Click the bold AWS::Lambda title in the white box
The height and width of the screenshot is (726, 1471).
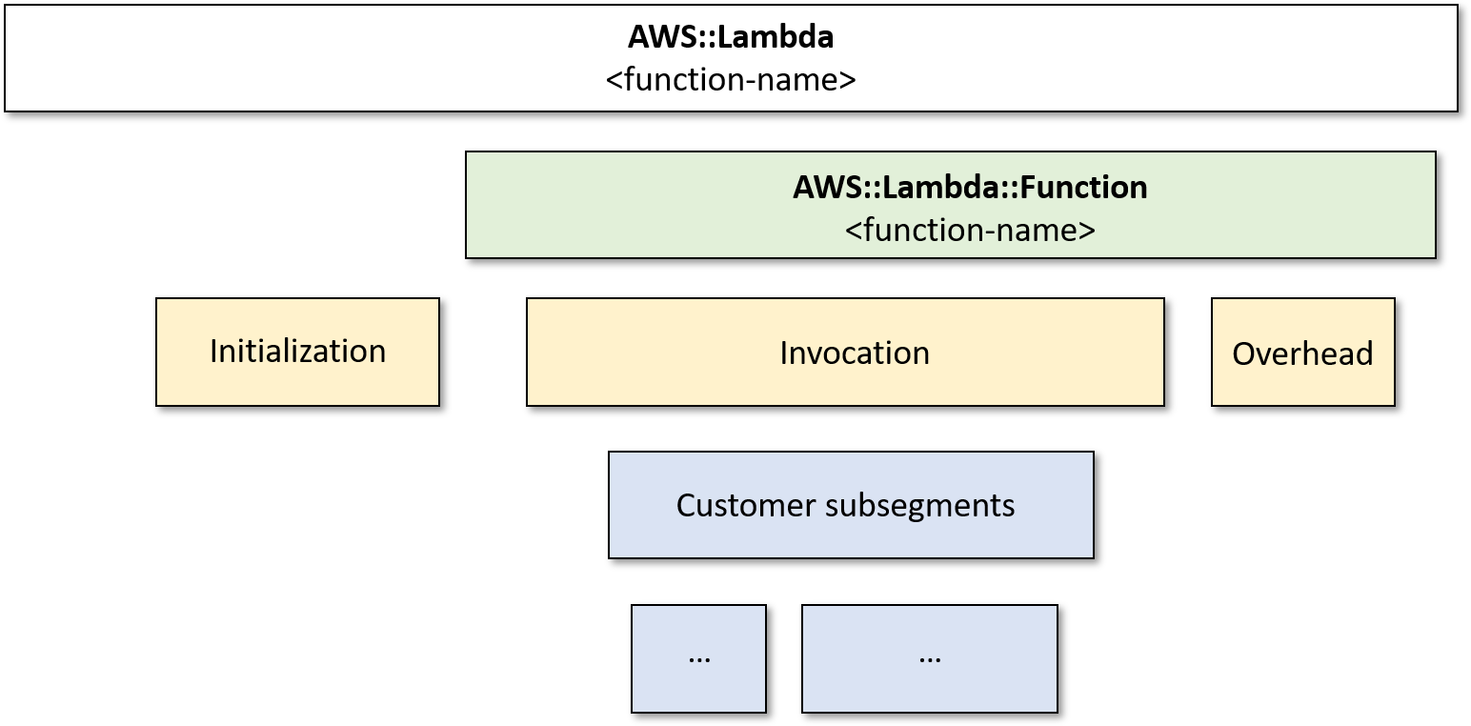pos(731,37)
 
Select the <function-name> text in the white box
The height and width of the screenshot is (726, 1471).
pos(731,79)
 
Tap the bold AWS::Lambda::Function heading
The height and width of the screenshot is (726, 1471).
pos(969,188)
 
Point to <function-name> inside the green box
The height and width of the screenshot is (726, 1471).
pos(969,231)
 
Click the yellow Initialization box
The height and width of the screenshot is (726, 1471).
pos(297,352)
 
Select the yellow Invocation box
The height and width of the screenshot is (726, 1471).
pos(845,353)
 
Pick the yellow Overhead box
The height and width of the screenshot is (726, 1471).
pos(1302,353)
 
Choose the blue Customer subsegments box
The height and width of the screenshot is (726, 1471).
pos(851,504)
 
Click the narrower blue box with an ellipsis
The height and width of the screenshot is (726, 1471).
pos(698,657)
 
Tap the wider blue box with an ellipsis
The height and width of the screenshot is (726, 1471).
pos(930,657)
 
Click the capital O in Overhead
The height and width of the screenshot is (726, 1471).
pos(1242,354)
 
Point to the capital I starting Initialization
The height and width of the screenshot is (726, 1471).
pos(213,352)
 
